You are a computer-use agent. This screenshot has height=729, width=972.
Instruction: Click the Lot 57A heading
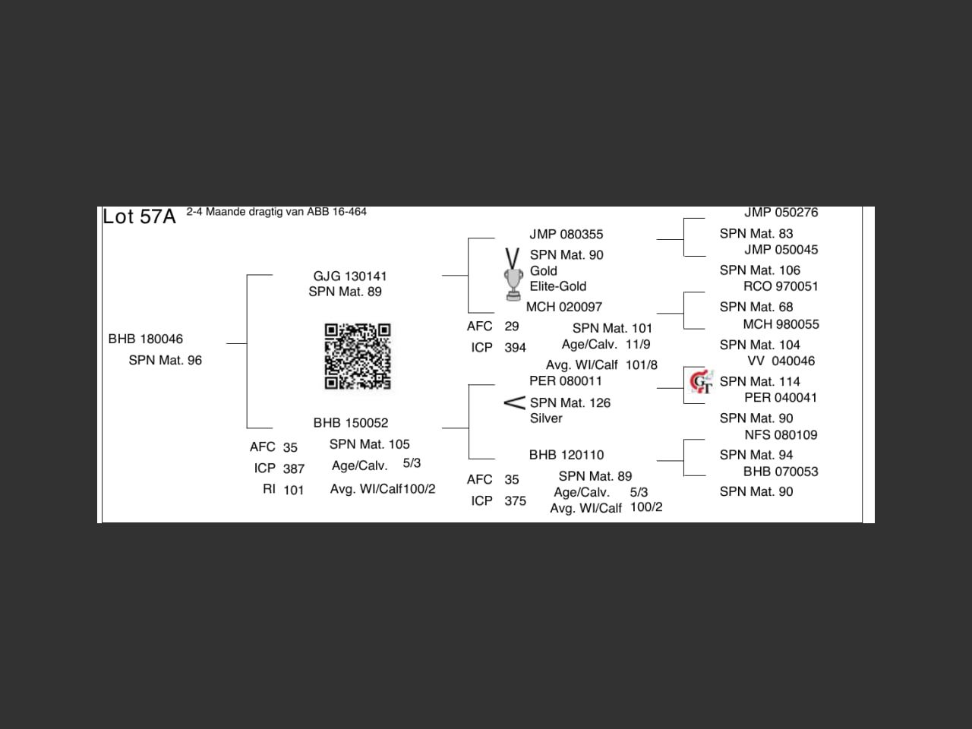pyautogui.click(x=139, y=217)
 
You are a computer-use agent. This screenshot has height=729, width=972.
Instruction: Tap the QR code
pyautogui.click(x=358, y=356)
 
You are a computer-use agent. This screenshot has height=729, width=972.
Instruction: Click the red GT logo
pyautogui.click(x=701, y=382)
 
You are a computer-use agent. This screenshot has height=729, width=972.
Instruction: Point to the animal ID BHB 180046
pyautogui.click(x=146, y=339)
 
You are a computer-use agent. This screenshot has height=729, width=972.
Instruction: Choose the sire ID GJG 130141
pyautogui.click(x=350, y=276)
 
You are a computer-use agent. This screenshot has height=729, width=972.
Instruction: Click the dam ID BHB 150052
pyautogui.click(x=351, y=423)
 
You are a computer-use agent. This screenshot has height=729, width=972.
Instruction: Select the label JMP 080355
pyautogui.click(x=566, y=235)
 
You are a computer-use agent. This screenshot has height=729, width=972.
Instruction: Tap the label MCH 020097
pyautogui.click(x=564, y=308)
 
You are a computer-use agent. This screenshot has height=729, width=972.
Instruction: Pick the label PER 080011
pyautogui.click(x=566, y=381)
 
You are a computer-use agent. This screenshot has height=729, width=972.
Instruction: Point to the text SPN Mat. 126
pyautogui.click(x=570, y=403)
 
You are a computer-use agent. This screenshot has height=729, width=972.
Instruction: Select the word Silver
pyautogui.click(x=546, y=418)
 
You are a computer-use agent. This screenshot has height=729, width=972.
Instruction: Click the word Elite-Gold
pyautogui.click(x=558, y=286)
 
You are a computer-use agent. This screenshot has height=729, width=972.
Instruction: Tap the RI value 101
pyautogui.click(x=294, y=491)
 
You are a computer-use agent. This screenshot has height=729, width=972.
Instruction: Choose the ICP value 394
pyautogui.click(x=516, y=348)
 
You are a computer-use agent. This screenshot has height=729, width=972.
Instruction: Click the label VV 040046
pyautogui.click(x=781, y=361)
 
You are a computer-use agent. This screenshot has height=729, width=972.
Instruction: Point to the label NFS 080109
pyautogui.click(x=781, y=435)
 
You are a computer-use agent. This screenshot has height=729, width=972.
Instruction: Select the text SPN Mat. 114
pyautogui.click(x=760, y=382)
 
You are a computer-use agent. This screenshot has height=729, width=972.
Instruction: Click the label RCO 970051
pyautogui.click(x=781, y=286)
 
